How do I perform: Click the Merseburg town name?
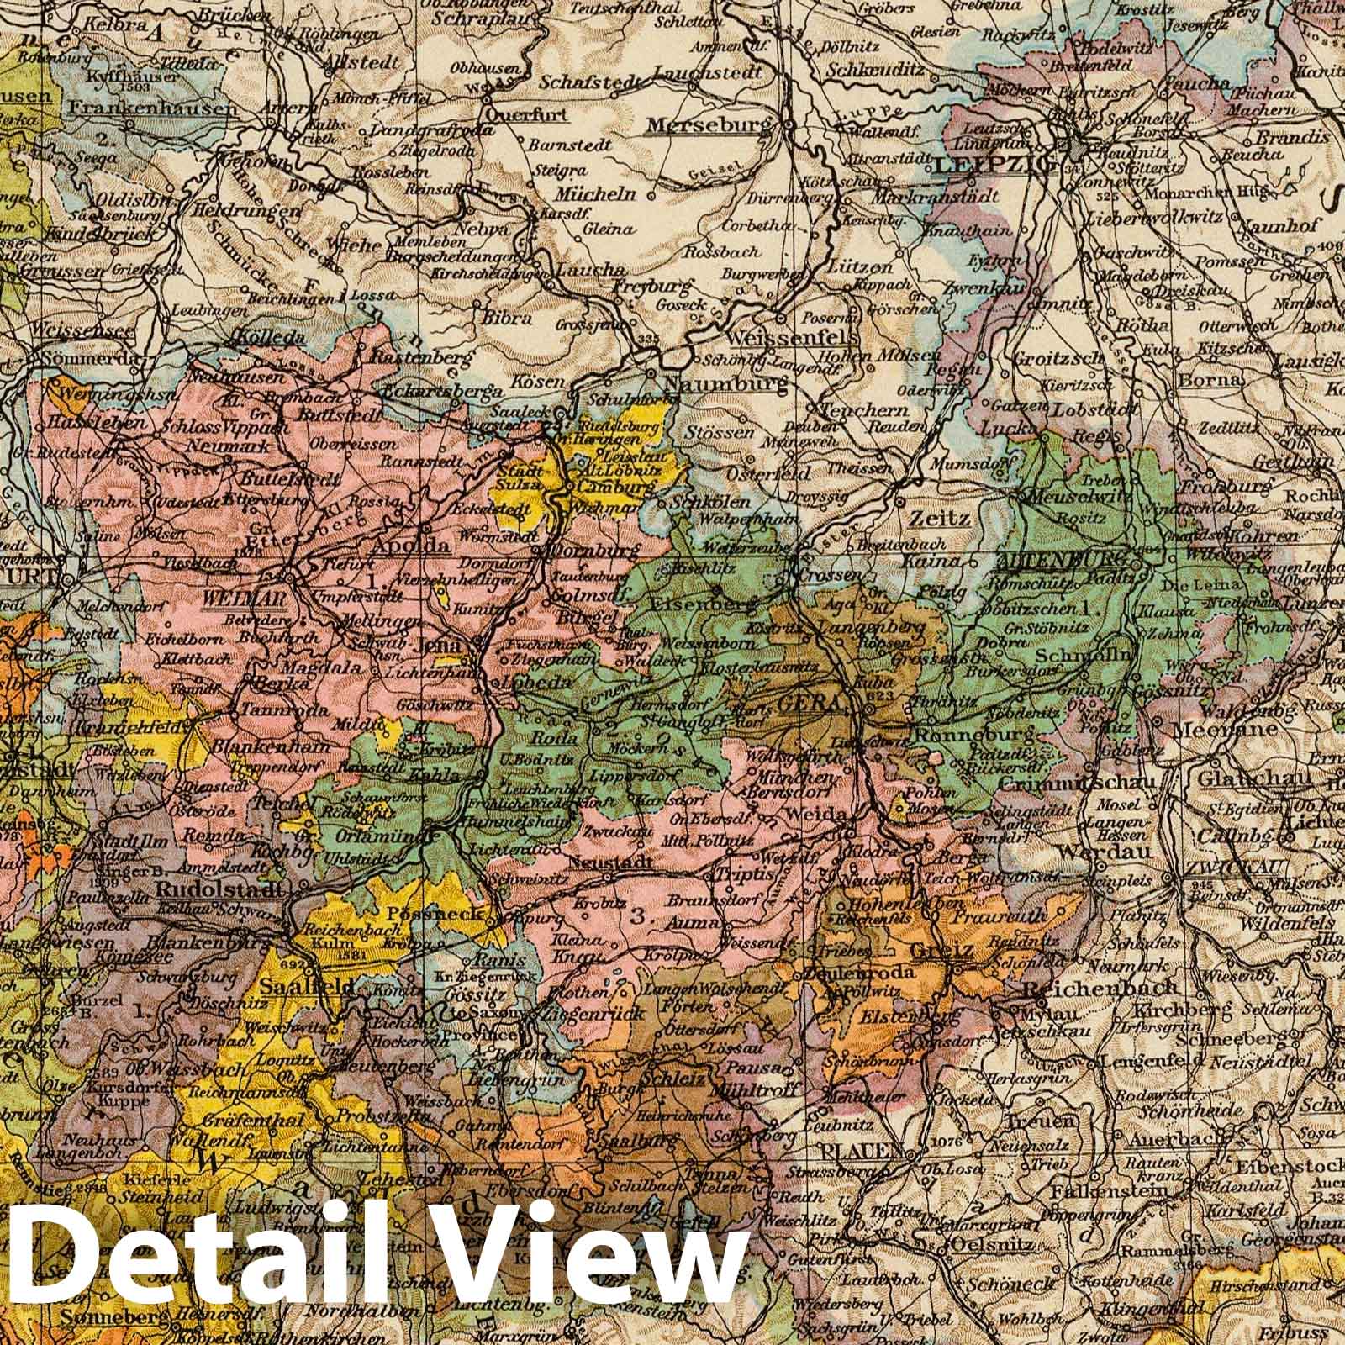point(709,125)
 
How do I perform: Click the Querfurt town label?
point(515,115)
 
